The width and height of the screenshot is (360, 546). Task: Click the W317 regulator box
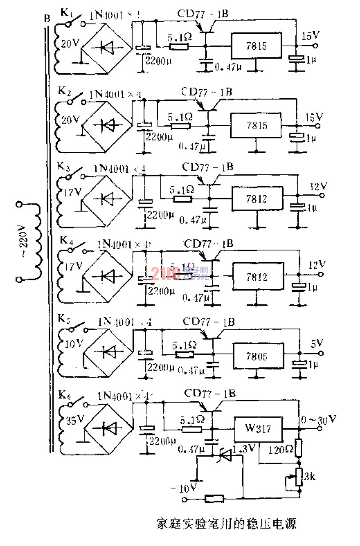tap(258, 430)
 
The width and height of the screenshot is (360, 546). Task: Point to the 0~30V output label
tap(320, 419)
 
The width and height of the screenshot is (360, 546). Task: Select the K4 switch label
tap(66, 242)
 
